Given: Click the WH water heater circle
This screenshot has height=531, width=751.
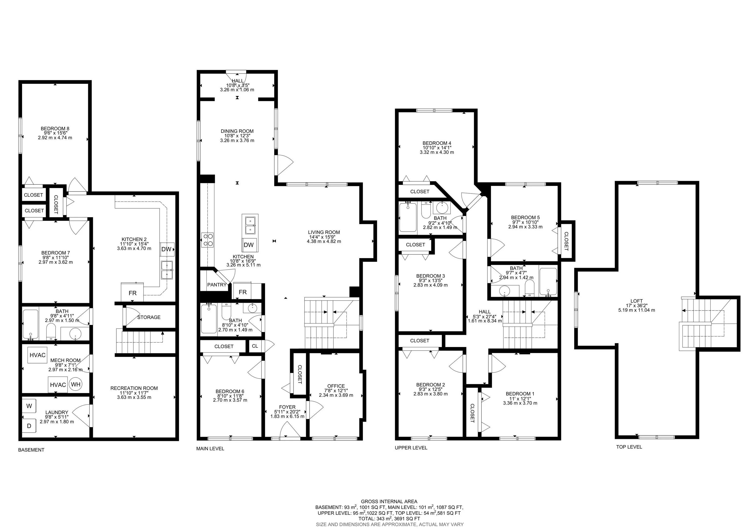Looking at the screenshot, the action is [76, 384].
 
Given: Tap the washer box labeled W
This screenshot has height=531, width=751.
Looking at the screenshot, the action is [29, 406].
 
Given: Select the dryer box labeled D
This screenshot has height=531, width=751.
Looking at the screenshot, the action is [29, 426].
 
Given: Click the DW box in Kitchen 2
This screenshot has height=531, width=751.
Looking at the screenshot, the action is [167, 249].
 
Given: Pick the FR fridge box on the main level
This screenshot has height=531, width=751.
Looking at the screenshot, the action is [243, 292].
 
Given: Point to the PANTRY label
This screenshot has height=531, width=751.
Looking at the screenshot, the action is [217, 285].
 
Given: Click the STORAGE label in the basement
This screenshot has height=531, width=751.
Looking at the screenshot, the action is [149, 317].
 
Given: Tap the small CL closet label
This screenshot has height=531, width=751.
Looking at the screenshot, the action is [255, 346].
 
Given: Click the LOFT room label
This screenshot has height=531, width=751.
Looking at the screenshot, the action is [637, 301].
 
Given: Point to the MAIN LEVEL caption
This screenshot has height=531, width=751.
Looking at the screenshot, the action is [210, 449].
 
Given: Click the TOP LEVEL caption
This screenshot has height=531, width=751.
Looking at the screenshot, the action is [629, 447].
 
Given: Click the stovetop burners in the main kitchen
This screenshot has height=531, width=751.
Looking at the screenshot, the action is [207, 240].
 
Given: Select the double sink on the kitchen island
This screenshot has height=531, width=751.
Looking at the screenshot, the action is [250, 226].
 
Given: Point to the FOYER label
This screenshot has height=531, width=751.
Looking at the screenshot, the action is [287, 407].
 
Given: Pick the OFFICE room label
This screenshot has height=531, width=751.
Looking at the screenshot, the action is [336, 386].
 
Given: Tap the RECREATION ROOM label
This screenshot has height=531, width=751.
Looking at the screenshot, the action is [134, 388].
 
